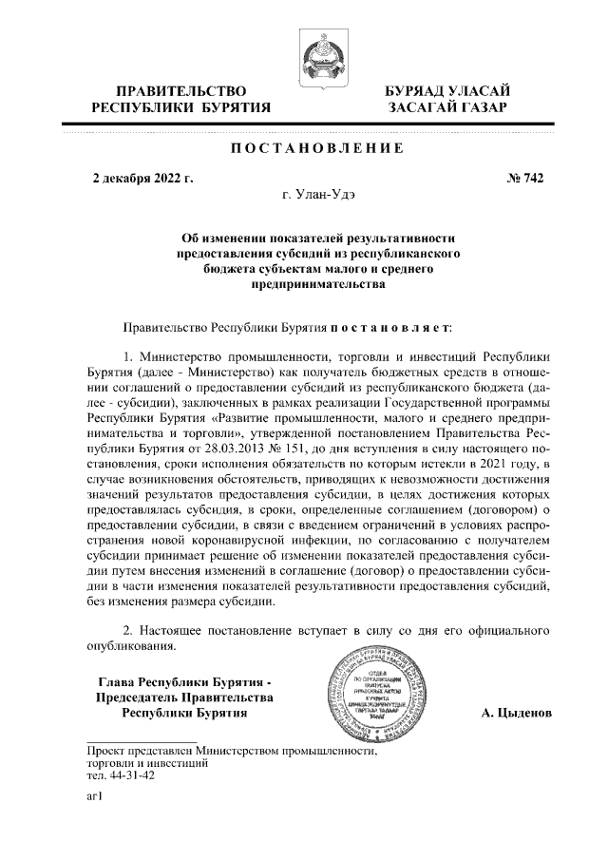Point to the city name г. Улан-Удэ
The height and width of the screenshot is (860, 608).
coord(319,194)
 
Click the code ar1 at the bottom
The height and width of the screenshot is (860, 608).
coord(94,798)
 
